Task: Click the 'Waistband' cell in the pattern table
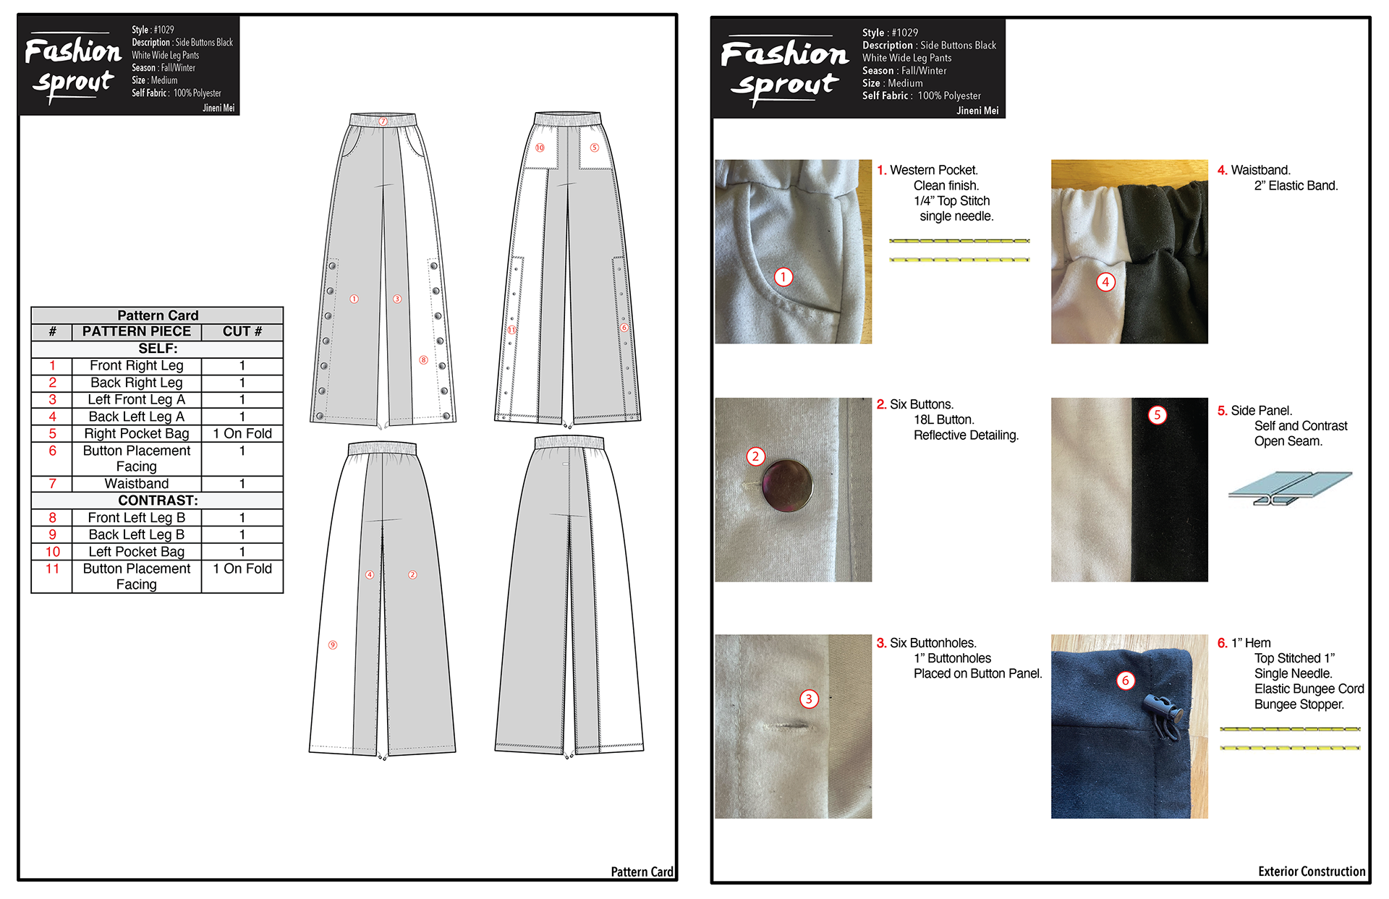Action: pyautogui.click(x=136, y=484)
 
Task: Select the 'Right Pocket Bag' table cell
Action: pyautogui.click(x=136, y=434)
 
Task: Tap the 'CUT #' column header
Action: pyautogui.click(x=242, y=331)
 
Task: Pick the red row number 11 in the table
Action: pyautogui.click(x=52, y=569)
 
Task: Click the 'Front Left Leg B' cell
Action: pyautogui.click(x=136, y=518)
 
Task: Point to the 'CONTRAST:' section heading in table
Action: pyautogui.click(x=158, y=500)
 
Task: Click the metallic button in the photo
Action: pyautogui.click(x=787, y=486)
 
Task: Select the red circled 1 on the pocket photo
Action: pyautogui.click(x=783, y=277)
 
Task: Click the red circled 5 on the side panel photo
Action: pyautogui.click(x=1157, y=414)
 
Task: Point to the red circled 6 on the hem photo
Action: pyautogui.click(x=1126, y=681)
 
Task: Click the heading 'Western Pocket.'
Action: pyautogui.click(x=934, y=170)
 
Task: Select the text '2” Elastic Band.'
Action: pyautogui.click(x=1296, y=186)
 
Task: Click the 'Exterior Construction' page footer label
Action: pyautogui.click(x=1312, y=872)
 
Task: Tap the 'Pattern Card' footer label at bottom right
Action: pyautogui.click(x=642, y=872)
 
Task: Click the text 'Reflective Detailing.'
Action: pyautogui.click(x=966, y=435)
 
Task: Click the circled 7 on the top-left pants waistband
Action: pyautogui.click(x=383, y=121)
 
